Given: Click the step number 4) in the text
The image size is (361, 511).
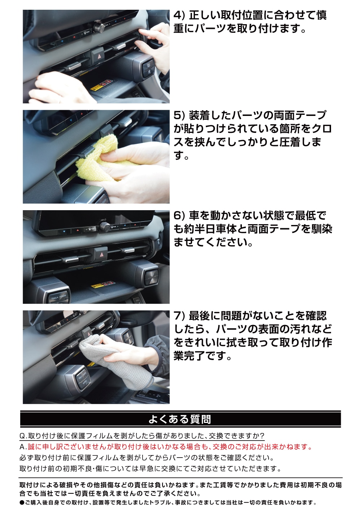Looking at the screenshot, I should (x=179, y=16).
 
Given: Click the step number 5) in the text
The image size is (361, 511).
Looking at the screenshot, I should (x=179, y=116).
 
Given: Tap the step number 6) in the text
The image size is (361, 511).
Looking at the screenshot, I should (x=179, y=216).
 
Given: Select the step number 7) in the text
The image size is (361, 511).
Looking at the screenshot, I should (x=179, y=316).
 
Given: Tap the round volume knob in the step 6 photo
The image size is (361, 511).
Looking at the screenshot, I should (x=105, y=226).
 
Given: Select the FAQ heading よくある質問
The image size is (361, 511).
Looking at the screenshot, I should (x=180, y=419).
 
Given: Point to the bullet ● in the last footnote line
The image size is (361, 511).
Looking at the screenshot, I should (x=22, y=503).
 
